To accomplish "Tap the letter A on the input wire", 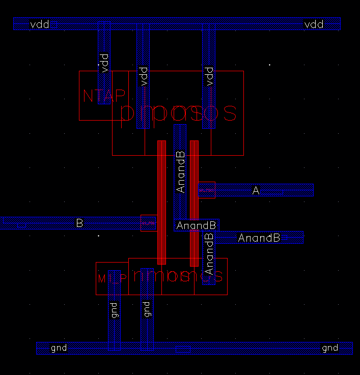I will [x=256, y=191].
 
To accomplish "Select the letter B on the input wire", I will [x=79, y=223].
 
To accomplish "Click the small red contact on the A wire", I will [x=207, y=190].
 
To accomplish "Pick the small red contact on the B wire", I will [x=148, y=223].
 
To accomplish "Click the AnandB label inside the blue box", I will [x=197, y=225].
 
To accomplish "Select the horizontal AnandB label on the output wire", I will [x=259, y=238].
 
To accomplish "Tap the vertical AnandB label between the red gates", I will [x=180, y=171].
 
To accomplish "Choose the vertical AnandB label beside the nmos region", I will [x=209, y=254].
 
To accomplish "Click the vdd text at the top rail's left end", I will [x=39, y=24].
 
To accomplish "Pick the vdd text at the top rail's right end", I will [x=314, y=24].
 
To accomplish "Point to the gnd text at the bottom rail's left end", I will [x=59, y=348].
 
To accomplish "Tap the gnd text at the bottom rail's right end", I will [x=330, y=348].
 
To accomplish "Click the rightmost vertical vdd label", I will [x=209, y=76].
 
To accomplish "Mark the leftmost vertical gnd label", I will [x=114, y=310].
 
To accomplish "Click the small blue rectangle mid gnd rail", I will [x=183, y=349].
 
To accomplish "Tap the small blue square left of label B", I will [x=21, y=225].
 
